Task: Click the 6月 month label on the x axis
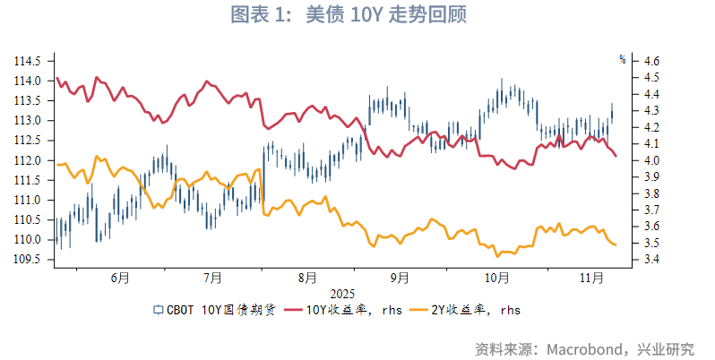pyautogui.click(x=120, y=278)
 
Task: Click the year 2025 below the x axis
pyautogui.click(x=342, y=293)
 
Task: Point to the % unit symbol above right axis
pyautogui.click(x=622, y=60)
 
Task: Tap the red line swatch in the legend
pyautogui.click(x=292, y=310)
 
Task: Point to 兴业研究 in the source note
pyautogui.click(x=668, y=347)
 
